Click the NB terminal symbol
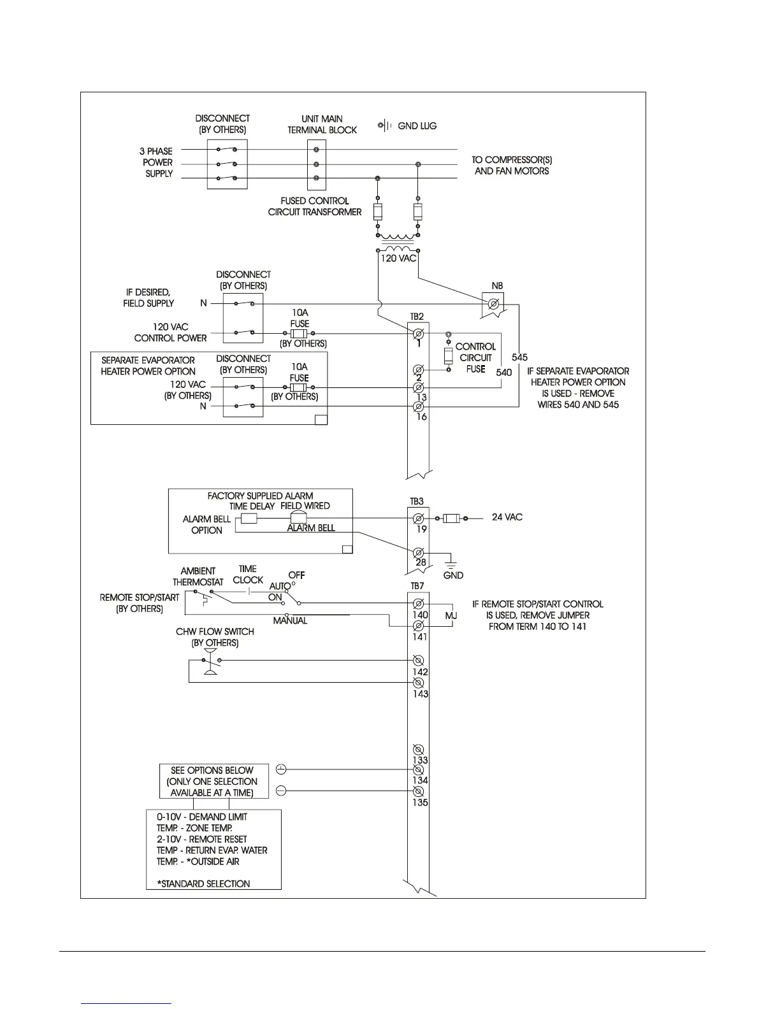[493, 306]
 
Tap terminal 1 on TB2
[419, 334]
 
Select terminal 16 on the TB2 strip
[419, 406]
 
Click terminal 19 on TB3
[419, 519]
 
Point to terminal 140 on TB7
[419, 603]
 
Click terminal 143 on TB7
[419, 683]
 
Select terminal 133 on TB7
[419, 749]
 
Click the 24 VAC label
[507, 517]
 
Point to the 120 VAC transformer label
[398, 259]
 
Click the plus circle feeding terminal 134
[282, 769]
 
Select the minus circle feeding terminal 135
[282, 791]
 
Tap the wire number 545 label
[519, 358]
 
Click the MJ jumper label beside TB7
[451, 616]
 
